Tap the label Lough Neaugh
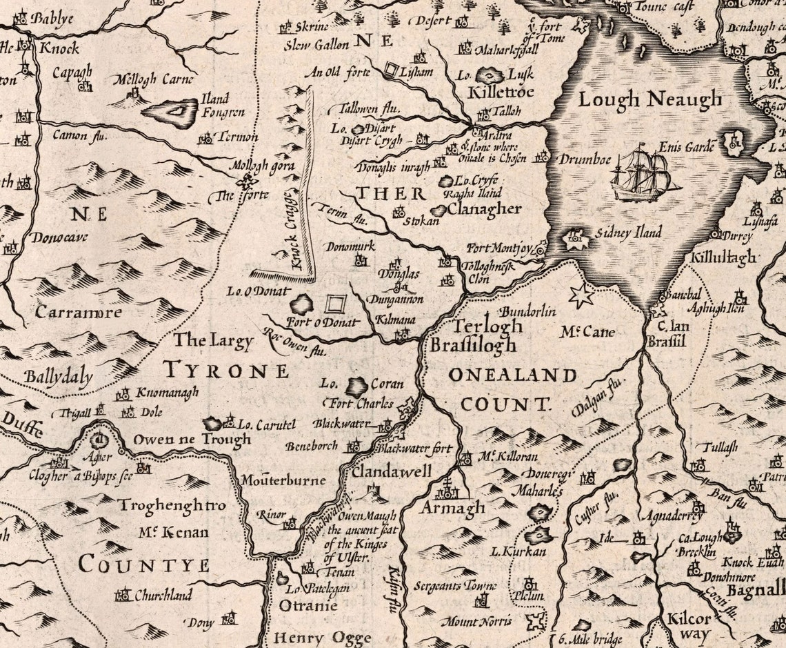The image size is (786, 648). [x=649, y=100]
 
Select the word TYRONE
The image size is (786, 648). [x=225, y=371]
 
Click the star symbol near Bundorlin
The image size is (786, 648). [x=581, y=295]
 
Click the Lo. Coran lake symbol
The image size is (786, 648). [x=356, y=386]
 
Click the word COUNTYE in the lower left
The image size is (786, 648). [x=143, y=565]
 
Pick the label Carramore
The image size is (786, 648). [x=79, y=312]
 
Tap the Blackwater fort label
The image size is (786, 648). [x=413, y=449]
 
